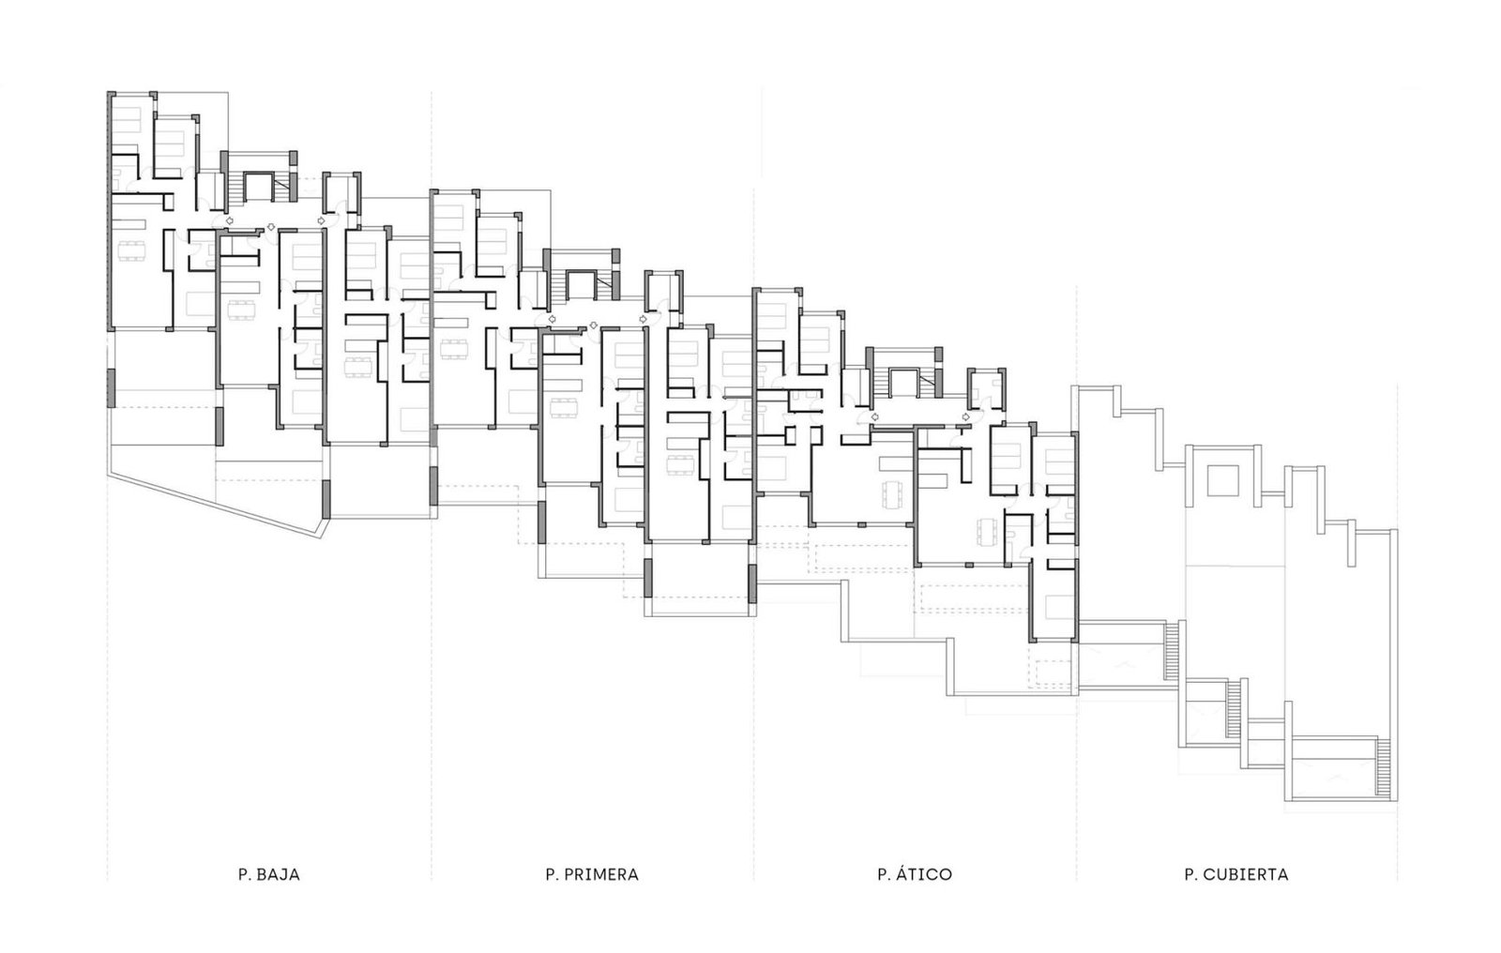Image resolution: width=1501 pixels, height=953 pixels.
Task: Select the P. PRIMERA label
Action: [x=591, y=875]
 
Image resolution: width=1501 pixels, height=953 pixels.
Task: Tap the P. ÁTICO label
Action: [x=914, y=875]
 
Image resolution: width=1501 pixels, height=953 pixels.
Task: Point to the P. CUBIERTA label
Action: [x=1236, y=875]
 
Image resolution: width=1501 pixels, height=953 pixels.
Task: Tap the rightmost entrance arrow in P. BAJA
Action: [x=322, y=220]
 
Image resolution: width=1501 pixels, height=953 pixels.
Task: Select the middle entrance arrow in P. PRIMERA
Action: [x=593, y=325]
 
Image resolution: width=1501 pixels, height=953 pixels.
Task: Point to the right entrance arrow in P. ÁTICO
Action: [x=965, y=416]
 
